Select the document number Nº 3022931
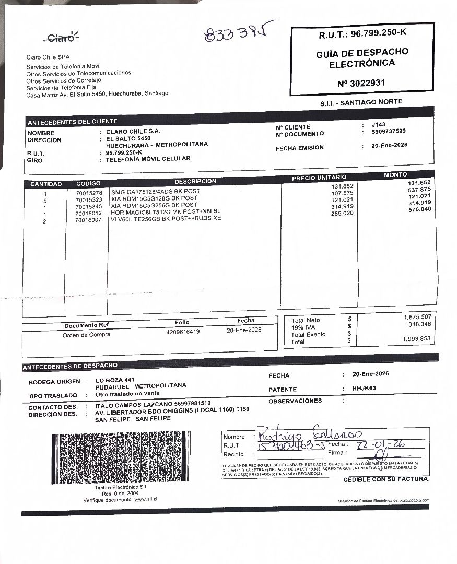pos(361,83)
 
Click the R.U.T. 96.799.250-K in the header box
pos(362,34)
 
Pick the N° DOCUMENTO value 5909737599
pos(389,132)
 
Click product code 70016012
pos(89,213)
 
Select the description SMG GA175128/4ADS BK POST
pos(156,192)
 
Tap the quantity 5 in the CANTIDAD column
pos(45,201)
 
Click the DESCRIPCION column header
pos(195,181)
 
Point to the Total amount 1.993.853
pos(417,339)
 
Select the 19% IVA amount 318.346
pos(418,324)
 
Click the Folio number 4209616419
pos(183,332)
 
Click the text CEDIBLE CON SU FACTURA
pos(386,479)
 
